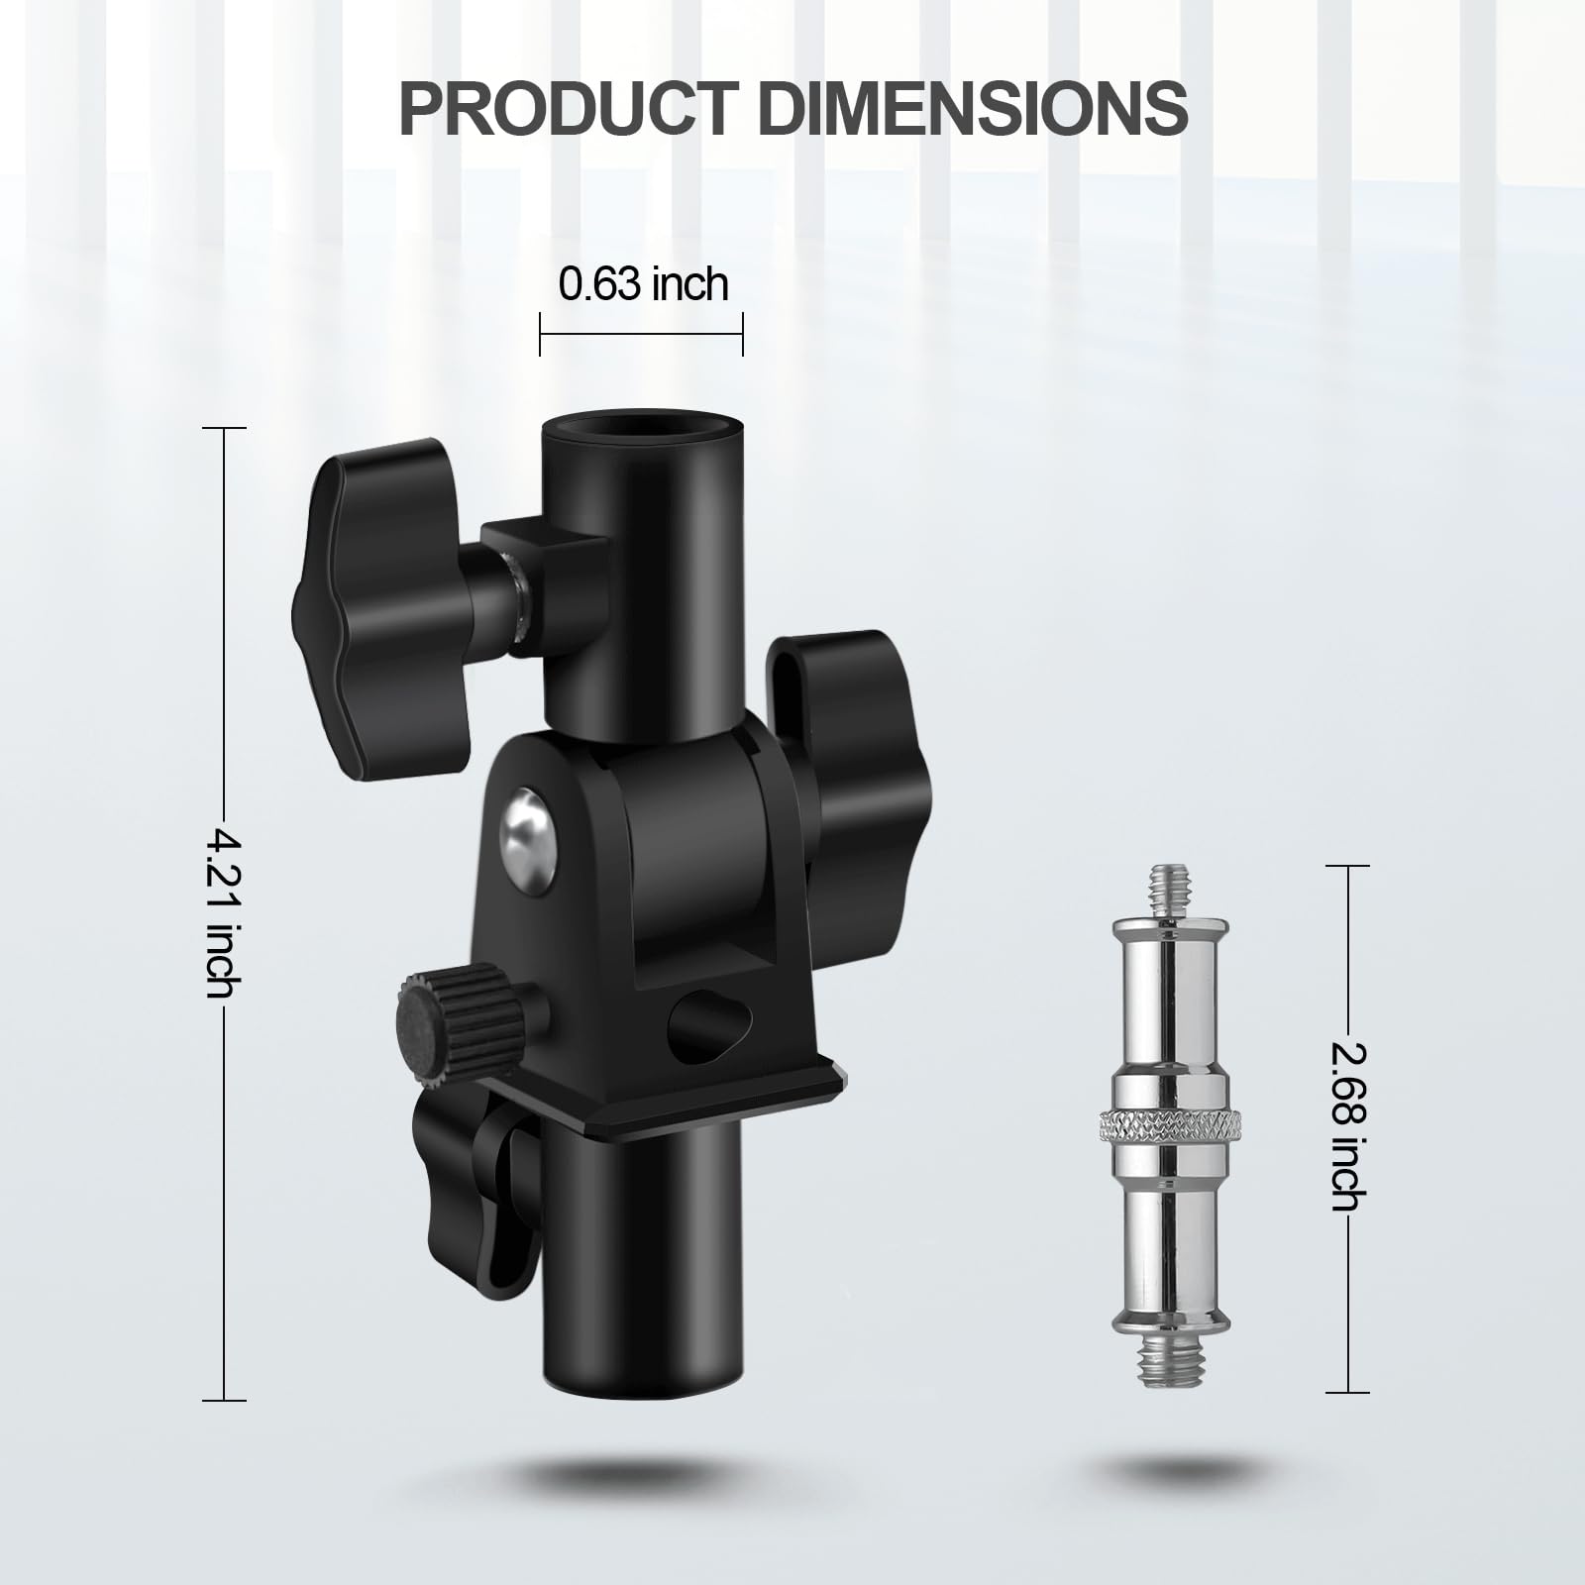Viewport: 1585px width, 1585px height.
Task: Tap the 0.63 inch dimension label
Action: click(643, 284)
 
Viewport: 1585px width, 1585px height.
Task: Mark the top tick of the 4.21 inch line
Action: click(225, 428)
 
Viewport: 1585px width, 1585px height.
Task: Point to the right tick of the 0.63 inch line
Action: click(742, 334)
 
